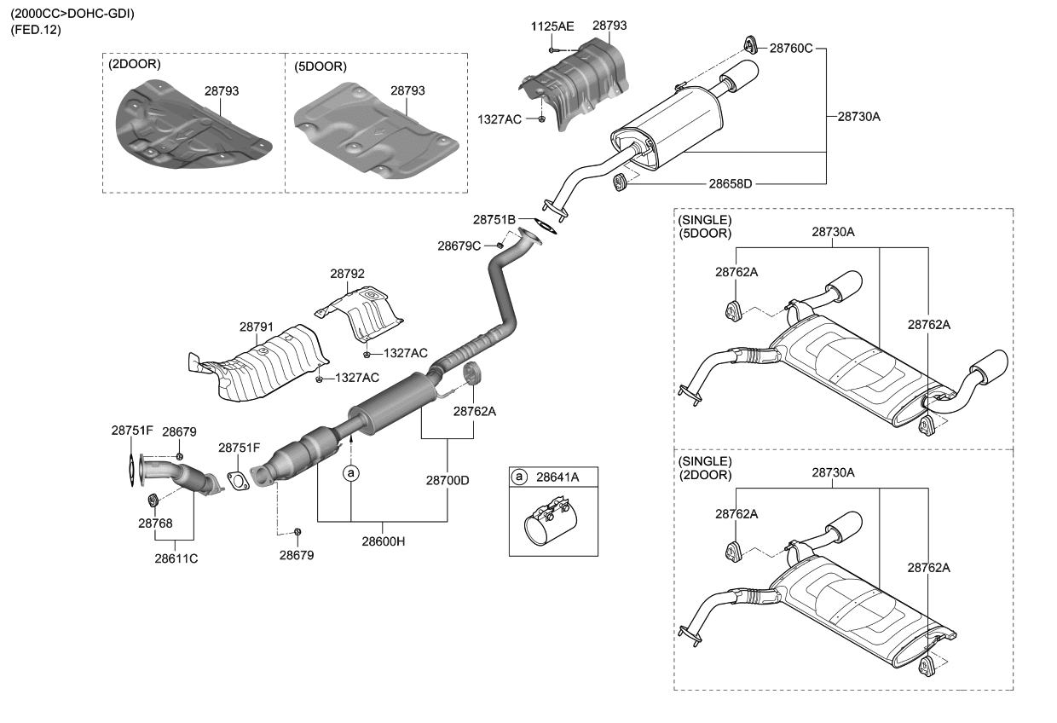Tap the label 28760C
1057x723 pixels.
pos(791,49)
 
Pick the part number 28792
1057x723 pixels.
pos(347,274)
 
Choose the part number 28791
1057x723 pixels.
pos(256,327)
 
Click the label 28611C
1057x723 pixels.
pos(176,559)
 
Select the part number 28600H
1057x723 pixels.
pos(383,541)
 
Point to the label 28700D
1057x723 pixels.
pos(448,480)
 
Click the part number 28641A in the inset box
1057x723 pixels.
pos(557,477)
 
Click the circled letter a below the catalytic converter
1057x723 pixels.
pos(350,471)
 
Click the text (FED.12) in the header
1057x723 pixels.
pos(36,30)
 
